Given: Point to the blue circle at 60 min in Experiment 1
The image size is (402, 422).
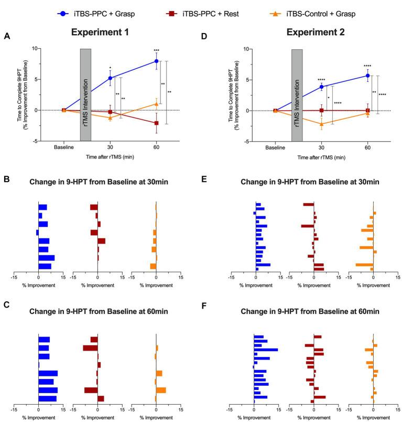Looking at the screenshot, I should (x=156, y=61).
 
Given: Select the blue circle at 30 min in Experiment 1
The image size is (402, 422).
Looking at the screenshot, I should (x=110, y=78).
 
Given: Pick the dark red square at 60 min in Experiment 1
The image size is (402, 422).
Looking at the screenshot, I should (x=156, y=123).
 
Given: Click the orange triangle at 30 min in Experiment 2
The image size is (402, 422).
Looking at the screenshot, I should (x=321, y=124).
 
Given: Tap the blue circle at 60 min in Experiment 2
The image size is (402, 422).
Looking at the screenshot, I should (x=367, y=76).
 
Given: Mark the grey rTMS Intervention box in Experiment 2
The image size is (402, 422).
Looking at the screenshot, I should (x=297, y=94).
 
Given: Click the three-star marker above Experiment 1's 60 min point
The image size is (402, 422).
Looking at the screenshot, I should (x=156, y=50).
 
